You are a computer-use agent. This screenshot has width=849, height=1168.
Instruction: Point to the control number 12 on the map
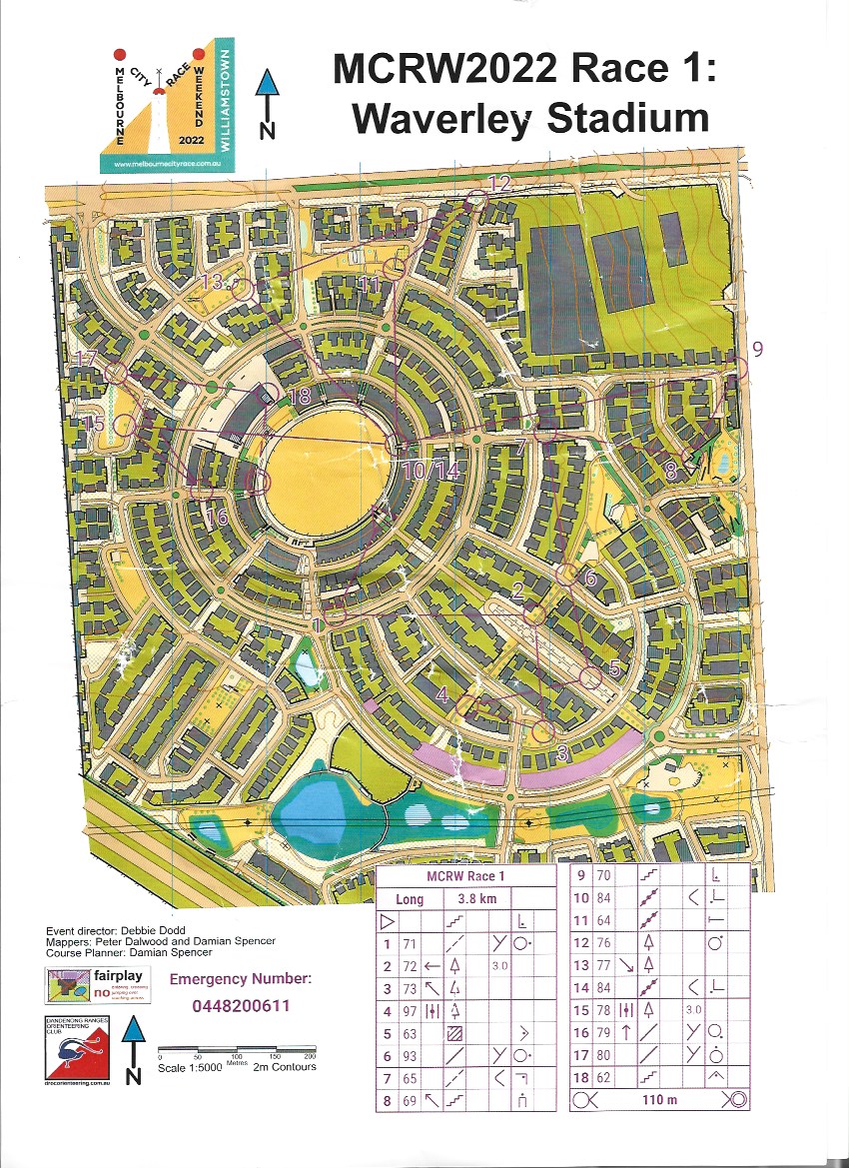(499, 183)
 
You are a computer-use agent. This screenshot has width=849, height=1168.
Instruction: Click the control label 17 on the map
(87, 358)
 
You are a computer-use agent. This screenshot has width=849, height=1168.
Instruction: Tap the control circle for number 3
(542, 731)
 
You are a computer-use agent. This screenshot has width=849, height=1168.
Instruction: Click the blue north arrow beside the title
(268, 104)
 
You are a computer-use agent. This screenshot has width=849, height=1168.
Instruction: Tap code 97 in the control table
(409, 1011)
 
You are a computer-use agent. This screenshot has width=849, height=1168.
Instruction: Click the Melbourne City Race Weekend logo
(166, 106)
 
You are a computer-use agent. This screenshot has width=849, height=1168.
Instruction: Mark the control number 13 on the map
(211, 281)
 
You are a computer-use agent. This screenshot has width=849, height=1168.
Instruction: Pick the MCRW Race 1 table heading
(466, 876)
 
